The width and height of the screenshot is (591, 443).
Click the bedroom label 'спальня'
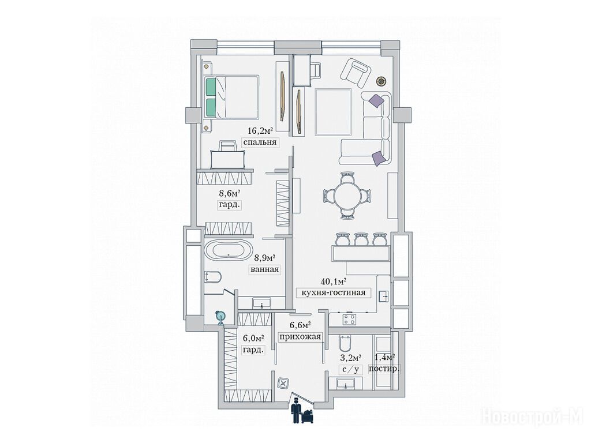(260, 142)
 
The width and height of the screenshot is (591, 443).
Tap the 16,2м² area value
(260, 131)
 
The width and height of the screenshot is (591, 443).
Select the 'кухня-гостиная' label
(333, 292)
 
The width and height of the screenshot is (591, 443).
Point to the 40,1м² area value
(334, 281)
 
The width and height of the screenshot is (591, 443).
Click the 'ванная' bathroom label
(264, 269)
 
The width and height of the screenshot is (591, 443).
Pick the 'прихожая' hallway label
(300, 336)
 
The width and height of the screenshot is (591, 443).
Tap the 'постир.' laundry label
(384, 369)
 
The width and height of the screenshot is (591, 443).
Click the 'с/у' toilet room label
(350, 369)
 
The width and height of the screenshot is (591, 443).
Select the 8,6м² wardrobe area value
(230, 193)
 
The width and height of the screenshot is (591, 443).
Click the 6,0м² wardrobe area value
(253, 338)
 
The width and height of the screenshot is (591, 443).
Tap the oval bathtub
(229, 250)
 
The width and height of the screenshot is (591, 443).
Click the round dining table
(347, 195)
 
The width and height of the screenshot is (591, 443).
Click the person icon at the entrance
(296, 412)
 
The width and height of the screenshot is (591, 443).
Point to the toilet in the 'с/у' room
(345, 342)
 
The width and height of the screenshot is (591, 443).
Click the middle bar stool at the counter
(361, 239)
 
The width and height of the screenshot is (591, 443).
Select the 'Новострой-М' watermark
(532, 416)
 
